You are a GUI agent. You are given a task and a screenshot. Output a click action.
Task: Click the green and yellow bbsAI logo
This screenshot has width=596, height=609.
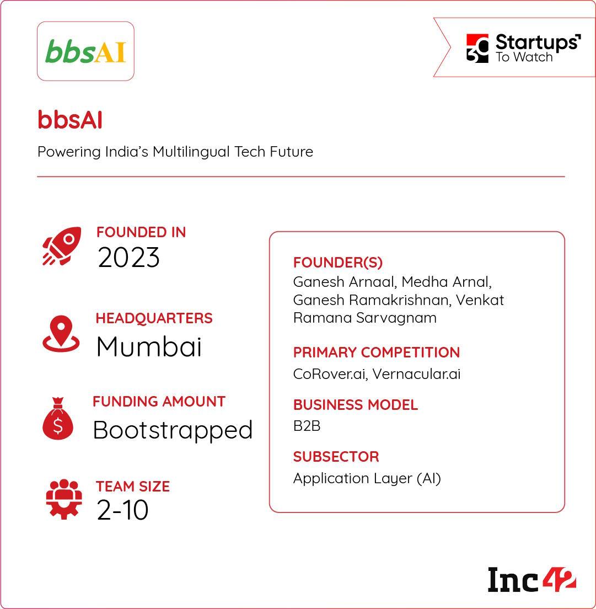point(85,51)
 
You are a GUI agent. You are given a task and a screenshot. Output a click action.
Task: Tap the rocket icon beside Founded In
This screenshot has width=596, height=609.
point(62,246)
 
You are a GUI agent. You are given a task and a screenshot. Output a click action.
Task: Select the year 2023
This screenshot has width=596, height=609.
point(128,258)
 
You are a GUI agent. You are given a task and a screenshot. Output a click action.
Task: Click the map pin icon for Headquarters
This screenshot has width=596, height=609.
point(61,334)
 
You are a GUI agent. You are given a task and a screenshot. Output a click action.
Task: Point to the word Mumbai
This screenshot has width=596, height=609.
point(149,346)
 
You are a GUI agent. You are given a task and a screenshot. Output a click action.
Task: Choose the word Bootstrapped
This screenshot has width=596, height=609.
point(173,430)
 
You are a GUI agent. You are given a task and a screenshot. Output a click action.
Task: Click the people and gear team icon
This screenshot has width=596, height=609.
point(64,499)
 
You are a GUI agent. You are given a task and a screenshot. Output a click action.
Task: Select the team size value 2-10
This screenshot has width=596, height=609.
point(122,510)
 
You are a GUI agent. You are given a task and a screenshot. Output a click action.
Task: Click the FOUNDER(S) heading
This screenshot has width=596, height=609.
point(337,263)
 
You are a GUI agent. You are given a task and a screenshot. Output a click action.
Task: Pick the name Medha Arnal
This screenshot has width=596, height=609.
point(446,282)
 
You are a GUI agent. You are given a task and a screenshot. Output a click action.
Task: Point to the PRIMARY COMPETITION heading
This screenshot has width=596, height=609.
point(376,352)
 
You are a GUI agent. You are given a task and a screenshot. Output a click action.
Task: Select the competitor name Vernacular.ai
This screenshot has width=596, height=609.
point(416,374)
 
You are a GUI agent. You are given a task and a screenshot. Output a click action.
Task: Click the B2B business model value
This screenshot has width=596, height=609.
point(307,426)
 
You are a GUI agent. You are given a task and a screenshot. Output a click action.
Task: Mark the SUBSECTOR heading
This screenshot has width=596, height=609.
point(336,457)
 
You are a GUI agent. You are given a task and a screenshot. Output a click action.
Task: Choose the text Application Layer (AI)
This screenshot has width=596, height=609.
point(367,478)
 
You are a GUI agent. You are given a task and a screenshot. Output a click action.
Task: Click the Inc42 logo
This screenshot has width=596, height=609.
point(531,580)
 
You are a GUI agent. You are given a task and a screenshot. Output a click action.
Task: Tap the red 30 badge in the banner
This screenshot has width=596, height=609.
point(477,49)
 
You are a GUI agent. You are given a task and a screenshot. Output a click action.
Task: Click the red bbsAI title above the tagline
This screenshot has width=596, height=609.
point(70,120)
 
